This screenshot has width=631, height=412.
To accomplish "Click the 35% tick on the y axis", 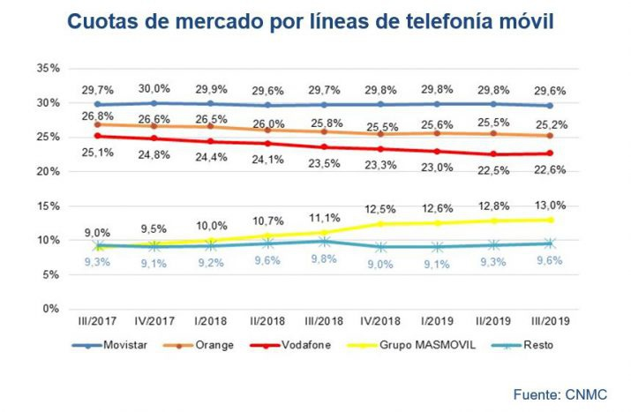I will pyautogui.click(x=48, y=68).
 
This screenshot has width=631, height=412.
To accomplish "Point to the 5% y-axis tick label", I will pyautogui.click(x=50, y=274).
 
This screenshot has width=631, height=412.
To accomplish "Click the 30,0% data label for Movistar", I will pyautogui.click(x=155, y=89).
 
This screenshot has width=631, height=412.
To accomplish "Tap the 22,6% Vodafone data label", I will pyautogui.click(x=551, y=172).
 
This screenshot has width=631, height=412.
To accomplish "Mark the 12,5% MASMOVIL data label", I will pyautogui.click(x=380, y=208).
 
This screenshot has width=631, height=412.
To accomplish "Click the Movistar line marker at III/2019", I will pyautogui.click(x=550, y=105).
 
